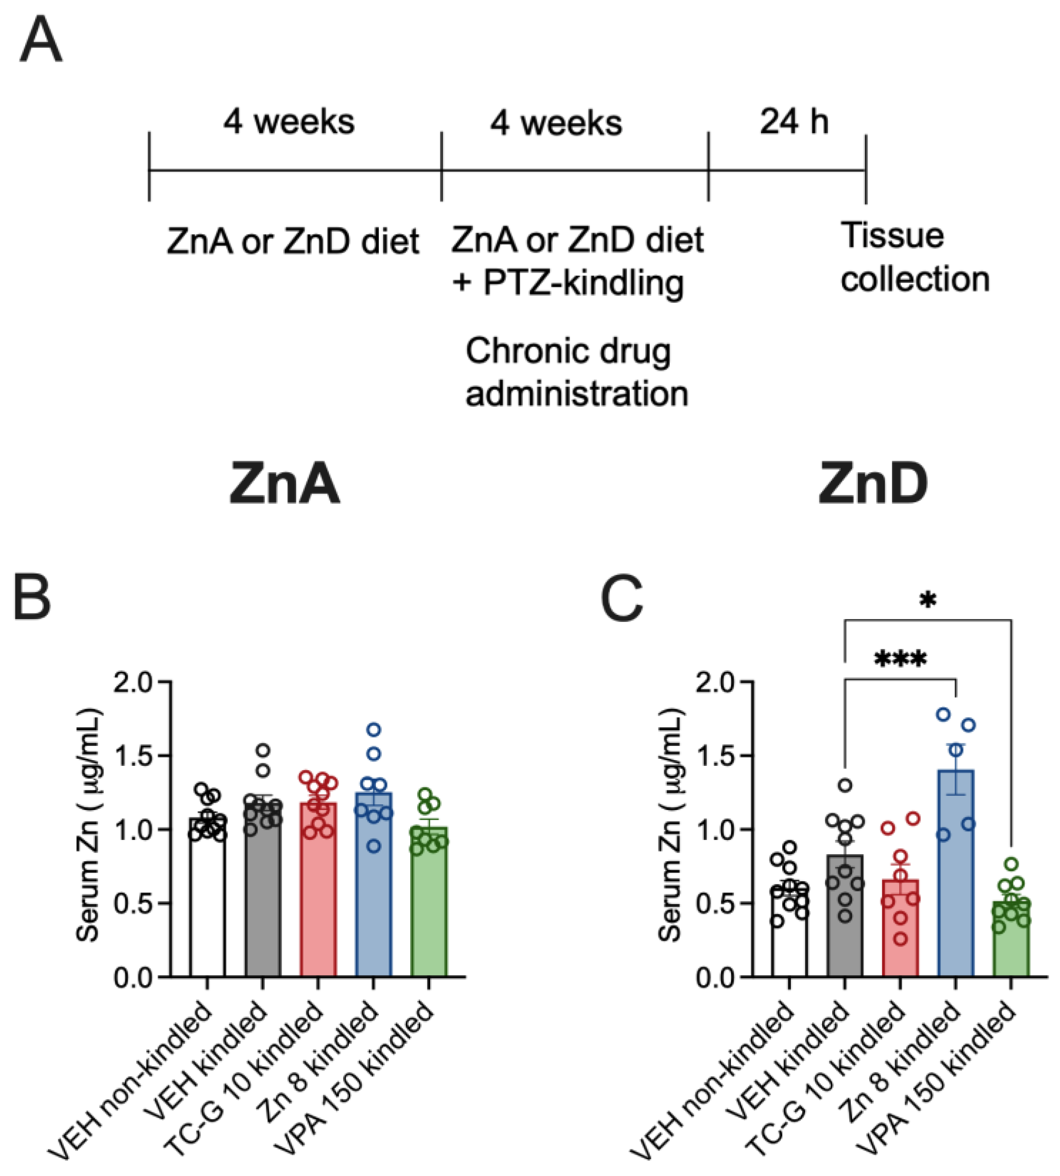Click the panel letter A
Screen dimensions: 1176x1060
coord(40,41)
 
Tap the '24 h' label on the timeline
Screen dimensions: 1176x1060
coord(793,122)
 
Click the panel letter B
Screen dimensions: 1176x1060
coord(32,600)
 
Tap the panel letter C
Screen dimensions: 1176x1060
coord(622,600)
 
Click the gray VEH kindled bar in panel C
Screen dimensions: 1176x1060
coord(844,932)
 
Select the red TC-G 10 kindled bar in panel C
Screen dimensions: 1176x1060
coord(900,943)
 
